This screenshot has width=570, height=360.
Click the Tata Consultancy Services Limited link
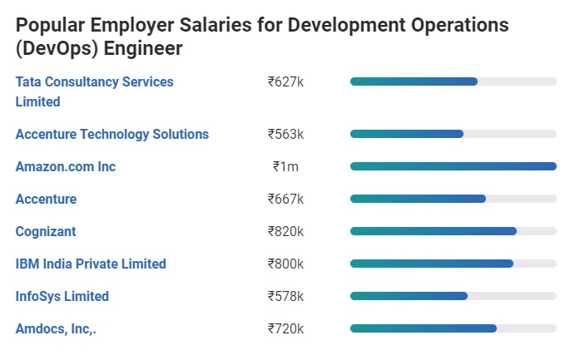point(94,82)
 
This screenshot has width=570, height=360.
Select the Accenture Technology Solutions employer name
point(112,134)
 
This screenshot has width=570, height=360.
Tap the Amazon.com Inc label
point(66,166)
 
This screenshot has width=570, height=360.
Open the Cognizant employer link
point(46,231)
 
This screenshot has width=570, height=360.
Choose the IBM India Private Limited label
point(91,264)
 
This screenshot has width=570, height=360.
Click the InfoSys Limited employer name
point(62,296)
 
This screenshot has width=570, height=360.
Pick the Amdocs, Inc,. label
point(56,328)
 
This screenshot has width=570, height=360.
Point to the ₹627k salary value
point(285,81)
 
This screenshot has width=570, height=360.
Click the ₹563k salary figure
point(285,134)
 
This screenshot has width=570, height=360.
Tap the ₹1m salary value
point(285,166)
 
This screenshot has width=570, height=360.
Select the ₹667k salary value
point(285,199)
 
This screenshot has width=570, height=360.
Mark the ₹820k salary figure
point(285,231)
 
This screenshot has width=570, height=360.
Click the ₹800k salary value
point(285,264)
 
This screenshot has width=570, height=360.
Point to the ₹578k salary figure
point(285,296)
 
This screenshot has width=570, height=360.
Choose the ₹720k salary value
point(285,328)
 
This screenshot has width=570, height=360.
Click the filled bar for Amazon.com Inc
point(453,166)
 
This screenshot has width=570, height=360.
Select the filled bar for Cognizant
point(433,231)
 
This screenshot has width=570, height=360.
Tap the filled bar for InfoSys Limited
point(409,296)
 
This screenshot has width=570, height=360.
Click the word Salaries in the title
point(215,25)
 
